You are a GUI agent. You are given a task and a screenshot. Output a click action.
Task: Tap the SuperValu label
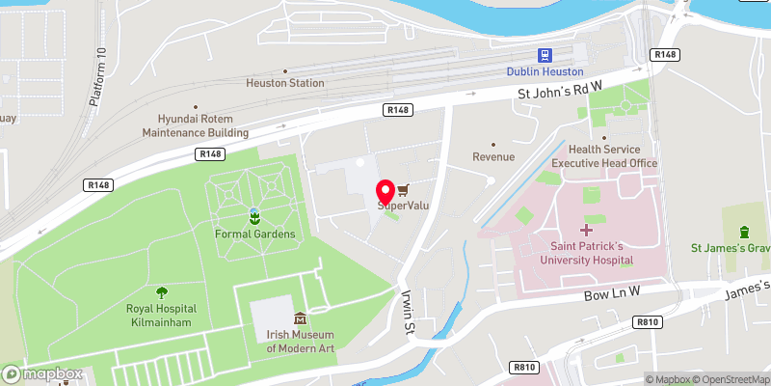point(403,206)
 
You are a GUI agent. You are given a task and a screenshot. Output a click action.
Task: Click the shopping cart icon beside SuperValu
point(403,189)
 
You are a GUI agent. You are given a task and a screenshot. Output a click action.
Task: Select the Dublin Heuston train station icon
point(546,56)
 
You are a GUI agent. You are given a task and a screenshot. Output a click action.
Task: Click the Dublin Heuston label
point(546,71)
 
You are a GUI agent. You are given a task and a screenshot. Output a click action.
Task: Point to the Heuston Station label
point(285,83)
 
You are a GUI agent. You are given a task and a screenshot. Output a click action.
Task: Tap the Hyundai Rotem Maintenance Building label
point(196,125)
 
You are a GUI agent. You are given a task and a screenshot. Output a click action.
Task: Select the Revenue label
point(493,156)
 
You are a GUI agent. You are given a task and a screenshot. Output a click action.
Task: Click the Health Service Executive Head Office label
point(604,156)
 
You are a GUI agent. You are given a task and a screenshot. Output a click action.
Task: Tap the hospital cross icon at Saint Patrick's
point(586,230)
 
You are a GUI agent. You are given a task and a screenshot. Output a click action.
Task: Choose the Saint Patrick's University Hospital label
point(586,253)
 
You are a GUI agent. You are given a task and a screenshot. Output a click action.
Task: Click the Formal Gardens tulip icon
point(254,216)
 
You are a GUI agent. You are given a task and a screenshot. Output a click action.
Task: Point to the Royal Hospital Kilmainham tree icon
point(161,291)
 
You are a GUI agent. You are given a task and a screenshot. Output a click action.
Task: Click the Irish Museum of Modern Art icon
point(300,318)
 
